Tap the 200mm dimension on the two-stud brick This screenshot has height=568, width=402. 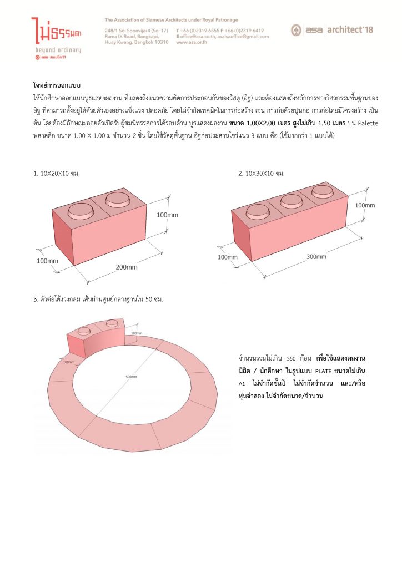[x=127, y=267]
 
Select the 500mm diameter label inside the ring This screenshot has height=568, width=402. [x=131, y=377]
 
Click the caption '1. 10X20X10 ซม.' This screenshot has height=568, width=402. [x=57, y=174]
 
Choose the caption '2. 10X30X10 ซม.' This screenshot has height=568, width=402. [x=261, y=174]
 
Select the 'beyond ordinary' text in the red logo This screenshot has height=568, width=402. [x=58, y=50]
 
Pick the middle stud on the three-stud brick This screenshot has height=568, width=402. [x=290, y=201]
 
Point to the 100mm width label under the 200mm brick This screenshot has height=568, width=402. [x=47, y=261]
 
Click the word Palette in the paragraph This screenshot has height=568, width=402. [x=368, y=123]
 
